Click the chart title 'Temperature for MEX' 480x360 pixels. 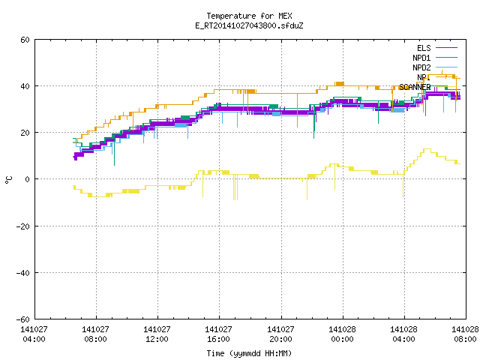click(x=249, y=16)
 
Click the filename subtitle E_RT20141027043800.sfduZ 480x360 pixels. click(x=249, y=25)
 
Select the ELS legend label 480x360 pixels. click(x=424, y=48)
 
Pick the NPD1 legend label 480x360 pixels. click(x=421, y=58)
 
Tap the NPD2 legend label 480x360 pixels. click(x=421, y=67)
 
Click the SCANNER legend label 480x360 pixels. click(x=415, y=87)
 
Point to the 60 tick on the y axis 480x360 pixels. click(x=25, y=40)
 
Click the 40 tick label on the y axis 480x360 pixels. click(x=25, y=86)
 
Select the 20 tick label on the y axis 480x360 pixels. click(x=25, y=133)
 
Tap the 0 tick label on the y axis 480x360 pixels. click(x=28, y=179)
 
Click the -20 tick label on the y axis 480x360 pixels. click(x=23, y=226)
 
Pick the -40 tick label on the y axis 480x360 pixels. click(x=23, y=273)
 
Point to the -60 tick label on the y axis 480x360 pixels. click(x=23, y=319)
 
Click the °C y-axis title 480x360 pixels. click(x=8, y=180)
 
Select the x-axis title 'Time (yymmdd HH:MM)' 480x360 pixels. click(x=249, y=353)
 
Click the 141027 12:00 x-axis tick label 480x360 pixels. click(x=157, y=334)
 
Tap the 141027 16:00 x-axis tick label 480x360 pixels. click(x=218, y=334)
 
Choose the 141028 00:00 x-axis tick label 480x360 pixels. click(x=342, y=334)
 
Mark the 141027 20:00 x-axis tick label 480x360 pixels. click(x=280, y=334)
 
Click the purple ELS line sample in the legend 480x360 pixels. click(x=447, y=48)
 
